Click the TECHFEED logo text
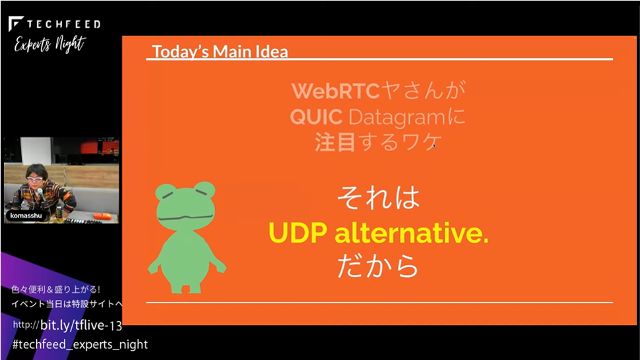point(63,24)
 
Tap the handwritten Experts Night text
point(49,44)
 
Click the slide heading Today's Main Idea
point(220,52)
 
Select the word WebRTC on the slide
point(336,90)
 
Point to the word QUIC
point(316,117)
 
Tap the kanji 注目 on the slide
point(335,142)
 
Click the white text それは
point(378,198)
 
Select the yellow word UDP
point(298,233)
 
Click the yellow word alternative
point(411,233)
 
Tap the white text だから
point(378,266)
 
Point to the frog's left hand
point(220,266)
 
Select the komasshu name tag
point(26,216)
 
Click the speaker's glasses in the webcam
point(35,179)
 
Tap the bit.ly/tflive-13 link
point(80,325)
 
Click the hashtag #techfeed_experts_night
point(80,345)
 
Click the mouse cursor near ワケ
point(434,145)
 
